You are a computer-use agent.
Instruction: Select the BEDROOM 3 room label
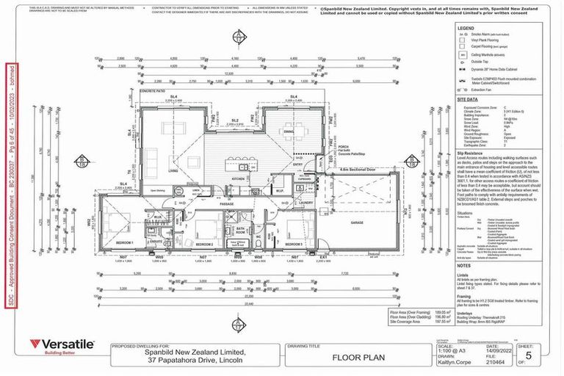point(292,243)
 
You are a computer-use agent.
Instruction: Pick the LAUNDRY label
point(306,203)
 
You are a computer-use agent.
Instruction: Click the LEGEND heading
point(466,26)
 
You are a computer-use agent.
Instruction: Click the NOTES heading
point(466,266)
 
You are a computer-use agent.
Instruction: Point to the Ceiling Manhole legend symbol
point(462,54)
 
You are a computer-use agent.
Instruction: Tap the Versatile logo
point(62,345)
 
